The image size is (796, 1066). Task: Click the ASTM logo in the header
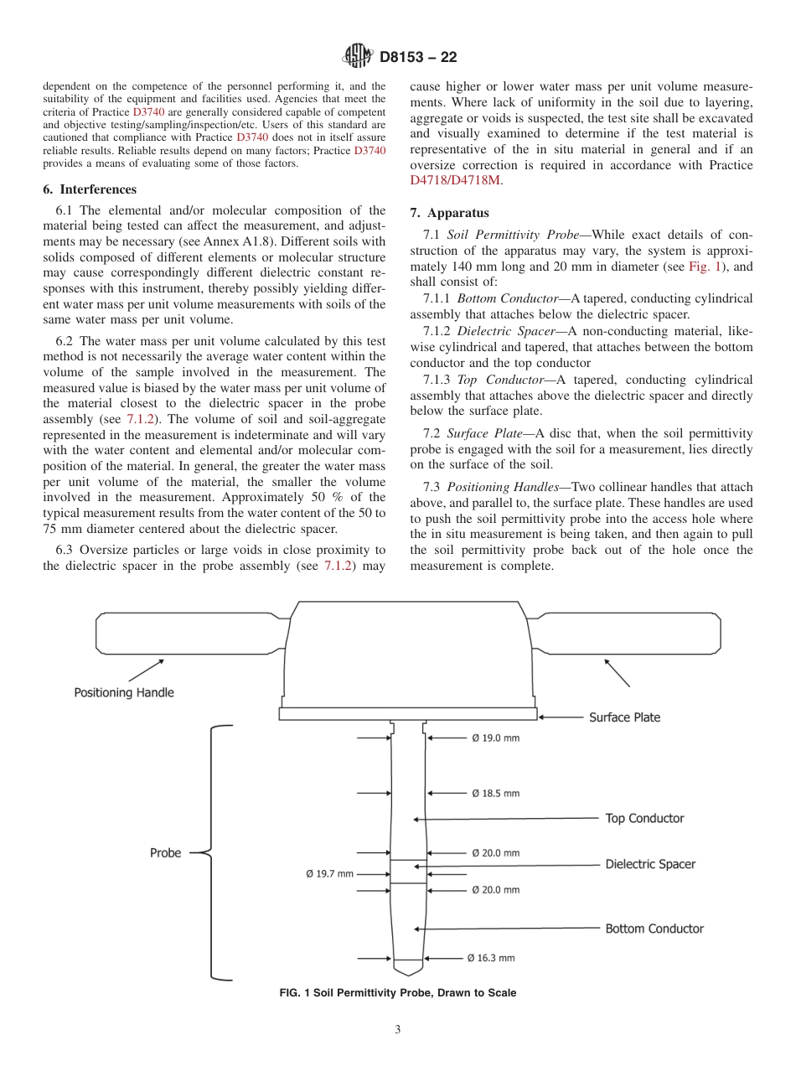point(358,57)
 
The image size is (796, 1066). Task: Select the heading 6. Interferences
point(89,189)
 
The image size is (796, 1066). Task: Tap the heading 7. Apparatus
point(449,213)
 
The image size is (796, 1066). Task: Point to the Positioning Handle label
point(124,692)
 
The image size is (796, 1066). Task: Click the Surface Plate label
point(624,717)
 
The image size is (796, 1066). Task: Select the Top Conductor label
point(644,818)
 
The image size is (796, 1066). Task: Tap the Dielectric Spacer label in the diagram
point(650,864)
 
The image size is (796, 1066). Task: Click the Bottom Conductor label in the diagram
point(654,929)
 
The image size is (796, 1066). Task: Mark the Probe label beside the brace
point(165,852)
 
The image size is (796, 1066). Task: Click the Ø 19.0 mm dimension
point(494,738)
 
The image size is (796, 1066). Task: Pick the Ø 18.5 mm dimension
point(494,793)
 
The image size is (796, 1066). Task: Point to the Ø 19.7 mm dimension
point(328,873)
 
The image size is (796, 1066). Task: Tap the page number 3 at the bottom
point(398,1030)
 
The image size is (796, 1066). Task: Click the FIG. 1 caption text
point(397,993)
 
